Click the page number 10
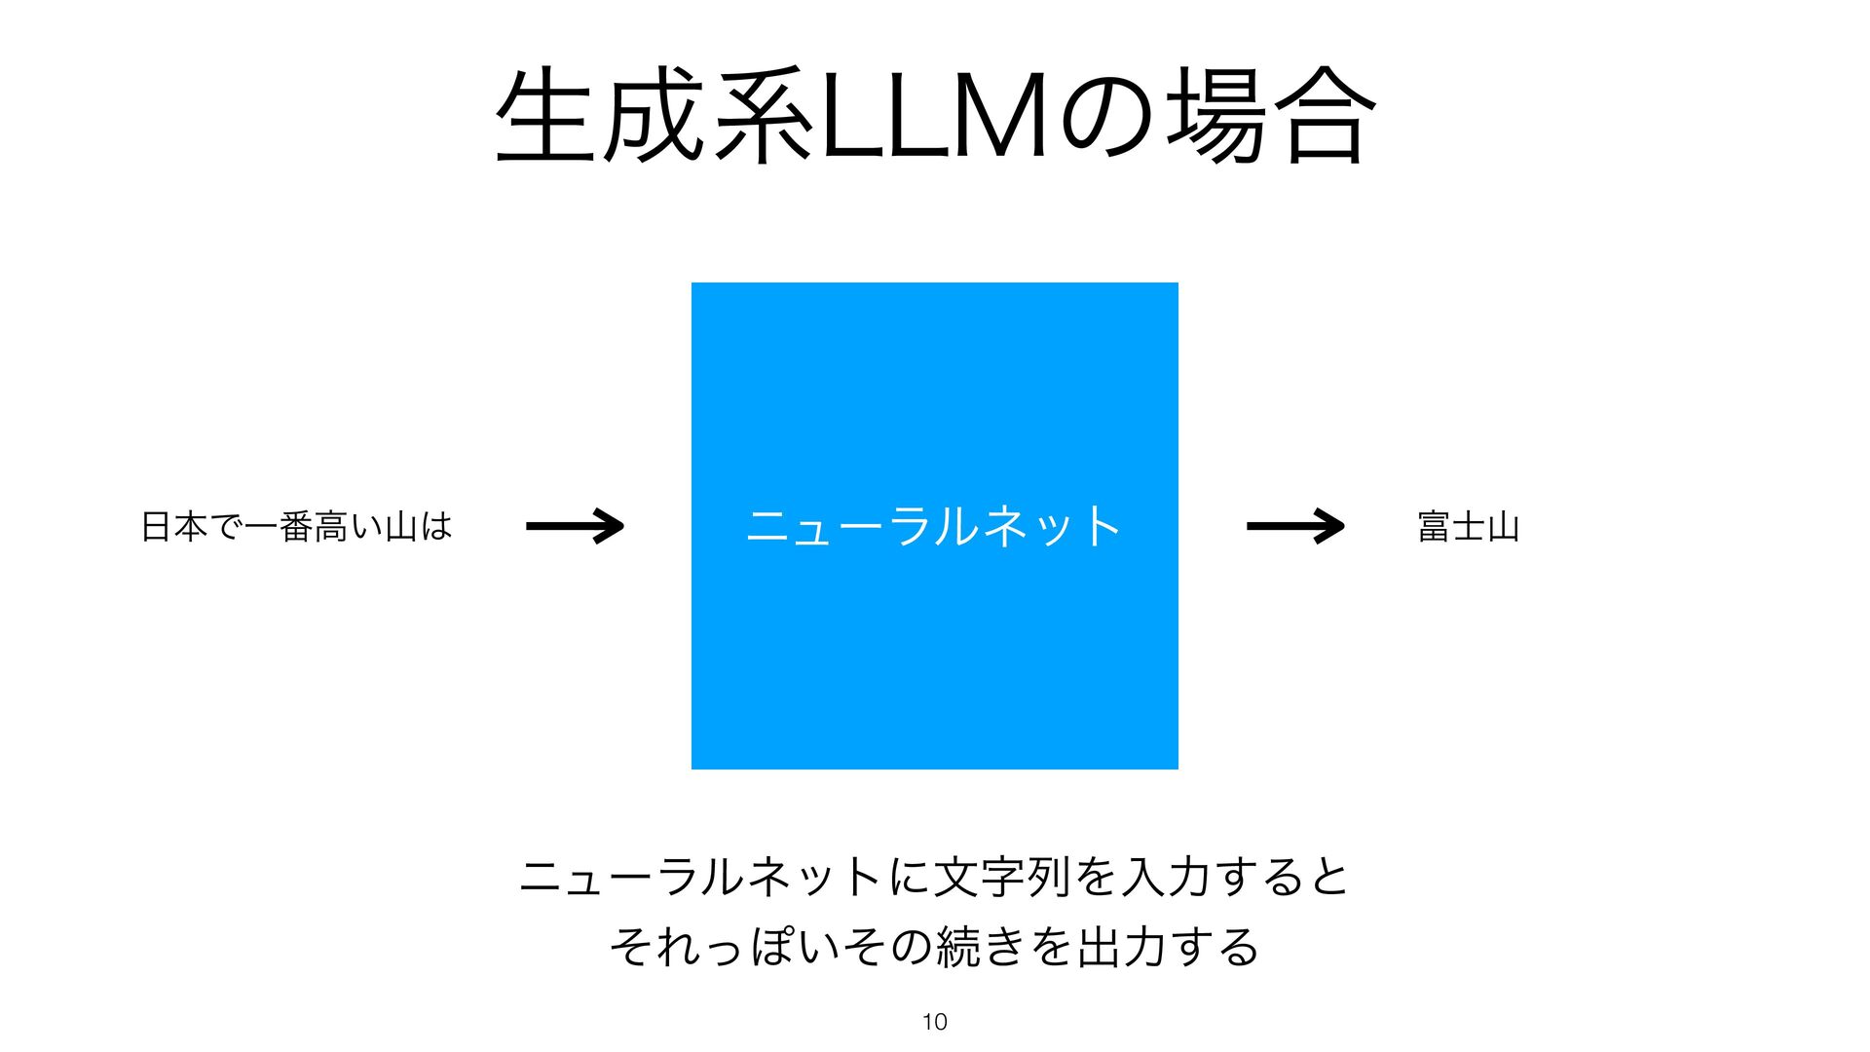point(934,1022)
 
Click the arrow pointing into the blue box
point(575,526)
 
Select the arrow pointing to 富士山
point(1295,526)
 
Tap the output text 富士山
point(1469,527)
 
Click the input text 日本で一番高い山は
point(297,527)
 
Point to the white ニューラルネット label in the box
point(934,526)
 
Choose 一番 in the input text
point(279,527)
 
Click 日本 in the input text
point(174,527)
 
